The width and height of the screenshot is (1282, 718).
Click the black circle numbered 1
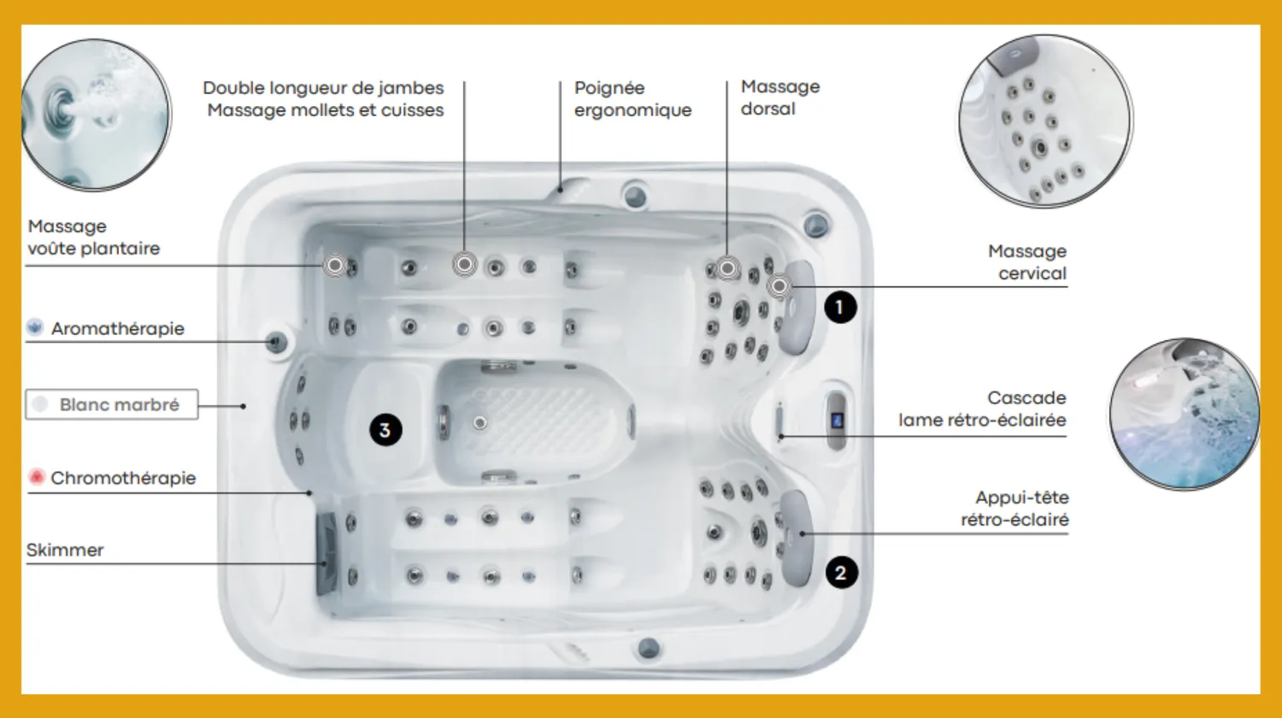tap(840, 308)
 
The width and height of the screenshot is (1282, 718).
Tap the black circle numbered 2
tap(841, 573)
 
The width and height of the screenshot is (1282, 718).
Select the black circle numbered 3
tap(385, 430)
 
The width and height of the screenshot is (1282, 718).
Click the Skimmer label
tap(65, 550)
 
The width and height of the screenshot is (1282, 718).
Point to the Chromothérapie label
tap(123, 478)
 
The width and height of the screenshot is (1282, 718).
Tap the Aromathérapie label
tap(118, 328)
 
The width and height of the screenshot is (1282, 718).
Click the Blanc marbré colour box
tap(112, 405)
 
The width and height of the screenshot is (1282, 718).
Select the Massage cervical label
tap(1026, 262)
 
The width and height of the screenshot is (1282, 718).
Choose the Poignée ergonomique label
tap(632, 99)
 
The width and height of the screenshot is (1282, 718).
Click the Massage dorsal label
tap(780, 98)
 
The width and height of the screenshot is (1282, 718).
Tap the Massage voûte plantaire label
tap(94, 237)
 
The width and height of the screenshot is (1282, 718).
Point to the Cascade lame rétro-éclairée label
tap(982, 409)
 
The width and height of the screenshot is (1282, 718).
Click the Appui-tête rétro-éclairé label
tap(1014, 509)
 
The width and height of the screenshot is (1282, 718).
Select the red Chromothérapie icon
tap(37, 476)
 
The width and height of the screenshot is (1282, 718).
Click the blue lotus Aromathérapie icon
tap(35, 327)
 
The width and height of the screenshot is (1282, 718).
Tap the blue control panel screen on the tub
tap(837, 421)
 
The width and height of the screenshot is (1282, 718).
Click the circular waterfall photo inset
tap(1184, 414)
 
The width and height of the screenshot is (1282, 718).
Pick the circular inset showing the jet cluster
tap(1045, 121)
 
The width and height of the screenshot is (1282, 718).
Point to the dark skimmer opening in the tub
tap(326, 553)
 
